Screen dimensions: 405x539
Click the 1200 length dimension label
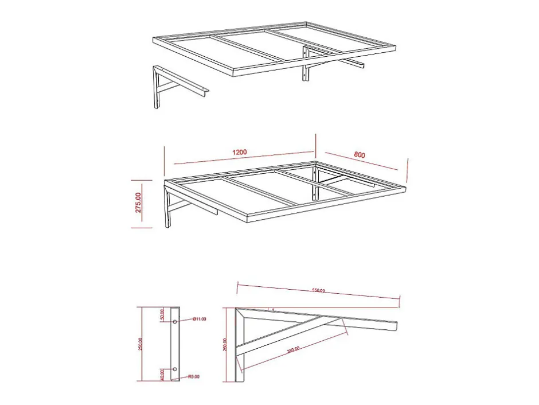tap(240, 153)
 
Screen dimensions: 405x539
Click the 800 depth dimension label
tap(360, 154)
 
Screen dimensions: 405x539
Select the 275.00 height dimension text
tap(139, 203)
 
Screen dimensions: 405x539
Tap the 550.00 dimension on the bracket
tap(318, 291)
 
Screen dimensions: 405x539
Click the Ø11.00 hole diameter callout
tap(199, 319)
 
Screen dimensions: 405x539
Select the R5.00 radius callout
tap(194, 377)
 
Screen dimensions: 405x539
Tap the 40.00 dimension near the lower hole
tap(163, 375)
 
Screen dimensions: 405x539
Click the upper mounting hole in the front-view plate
tap(175, 322)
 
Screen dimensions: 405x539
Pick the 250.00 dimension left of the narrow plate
tap(141, 344)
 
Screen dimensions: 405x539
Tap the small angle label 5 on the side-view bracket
tap(274, 309)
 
